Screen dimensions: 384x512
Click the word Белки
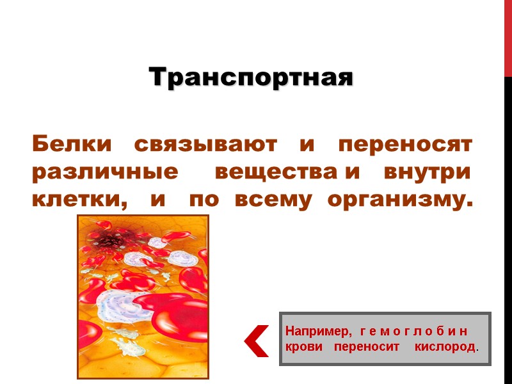70,143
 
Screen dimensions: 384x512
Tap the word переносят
404,143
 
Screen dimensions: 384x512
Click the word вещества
278,173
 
